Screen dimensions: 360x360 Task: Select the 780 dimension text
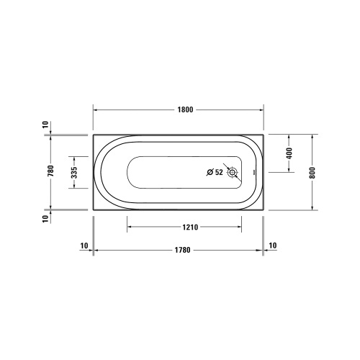pos(50,171)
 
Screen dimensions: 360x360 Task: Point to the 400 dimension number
pos(289,153)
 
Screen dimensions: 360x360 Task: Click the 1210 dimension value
pos(190,227)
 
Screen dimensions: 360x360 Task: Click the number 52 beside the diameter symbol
pos(220,172)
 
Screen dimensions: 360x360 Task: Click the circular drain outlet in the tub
pos(233,172)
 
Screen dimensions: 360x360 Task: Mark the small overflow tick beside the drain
pos(253,173)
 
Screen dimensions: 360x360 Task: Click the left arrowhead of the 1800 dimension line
pos(96,110)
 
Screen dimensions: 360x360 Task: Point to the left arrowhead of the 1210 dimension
pos(130,227)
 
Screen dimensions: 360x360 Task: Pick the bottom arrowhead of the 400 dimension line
pos(289,170)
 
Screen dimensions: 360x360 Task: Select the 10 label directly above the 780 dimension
pos(46,125)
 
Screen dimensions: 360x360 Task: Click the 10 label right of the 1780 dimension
pos(273,246)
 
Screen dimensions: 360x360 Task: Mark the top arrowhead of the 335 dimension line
pos(74,158)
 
